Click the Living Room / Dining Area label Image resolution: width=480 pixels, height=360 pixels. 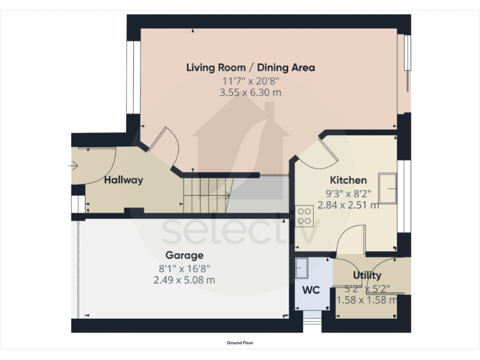[250, 67]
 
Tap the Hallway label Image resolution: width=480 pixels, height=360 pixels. [124, 180]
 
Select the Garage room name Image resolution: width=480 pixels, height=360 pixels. [184, 255]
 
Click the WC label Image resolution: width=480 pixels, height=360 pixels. [311, 290]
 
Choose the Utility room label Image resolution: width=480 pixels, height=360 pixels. [367, 275]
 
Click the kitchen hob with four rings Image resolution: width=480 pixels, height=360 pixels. [304, 216]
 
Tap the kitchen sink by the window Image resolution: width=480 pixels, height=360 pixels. [387, 189]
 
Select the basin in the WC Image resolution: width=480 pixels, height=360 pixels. [301, 267]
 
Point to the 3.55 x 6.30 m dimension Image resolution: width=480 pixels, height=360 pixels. [250, 92]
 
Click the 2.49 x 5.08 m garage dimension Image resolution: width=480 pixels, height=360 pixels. [184, 280]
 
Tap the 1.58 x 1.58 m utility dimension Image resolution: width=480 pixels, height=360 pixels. [367, 300]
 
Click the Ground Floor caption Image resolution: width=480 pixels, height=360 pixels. [240, 342]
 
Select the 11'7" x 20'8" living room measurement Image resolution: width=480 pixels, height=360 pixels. [250, 81]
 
